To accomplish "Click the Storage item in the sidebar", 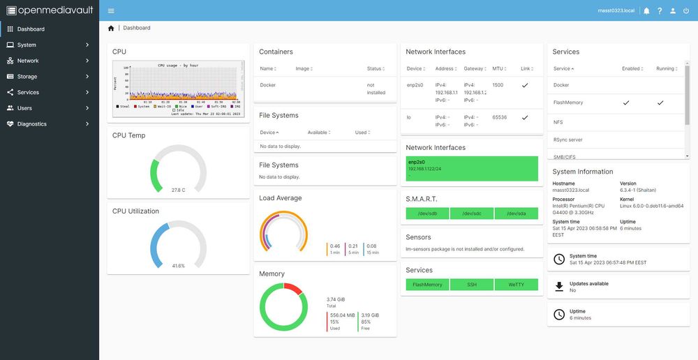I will [27, 77].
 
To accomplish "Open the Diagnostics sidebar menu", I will [32, 124].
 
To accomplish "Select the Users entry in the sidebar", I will [24, 108].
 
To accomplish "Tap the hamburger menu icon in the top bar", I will [112, 10].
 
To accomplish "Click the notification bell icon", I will [646, 10].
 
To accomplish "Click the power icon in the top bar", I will [686, 10].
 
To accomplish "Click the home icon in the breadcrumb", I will [111, 28].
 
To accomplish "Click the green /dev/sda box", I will [516, 213].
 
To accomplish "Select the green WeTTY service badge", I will [516, 285].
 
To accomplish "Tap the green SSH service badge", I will [472, 285].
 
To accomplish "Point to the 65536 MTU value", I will [499, 117].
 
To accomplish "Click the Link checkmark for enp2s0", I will [525, 85].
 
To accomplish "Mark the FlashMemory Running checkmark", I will [660, 103].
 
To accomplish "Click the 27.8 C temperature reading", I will [178, 190].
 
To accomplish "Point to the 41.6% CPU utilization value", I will [178, 266].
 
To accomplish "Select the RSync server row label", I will [567, 140].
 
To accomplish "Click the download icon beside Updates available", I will [558, 287].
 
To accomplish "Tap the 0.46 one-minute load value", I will [335, 246].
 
